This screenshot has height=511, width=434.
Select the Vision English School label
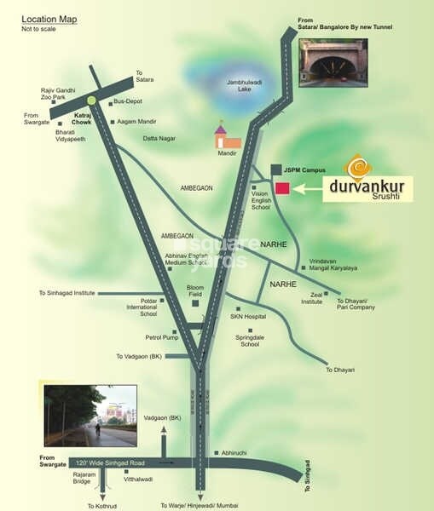(x=260, y=200)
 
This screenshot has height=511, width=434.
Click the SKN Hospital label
(x=248, y=316)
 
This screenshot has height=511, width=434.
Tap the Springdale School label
(x=250, y=341)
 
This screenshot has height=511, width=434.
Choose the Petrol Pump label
(x=159, y=337)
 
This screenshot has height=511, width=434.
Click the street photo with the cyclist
(x=90, y=416)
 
